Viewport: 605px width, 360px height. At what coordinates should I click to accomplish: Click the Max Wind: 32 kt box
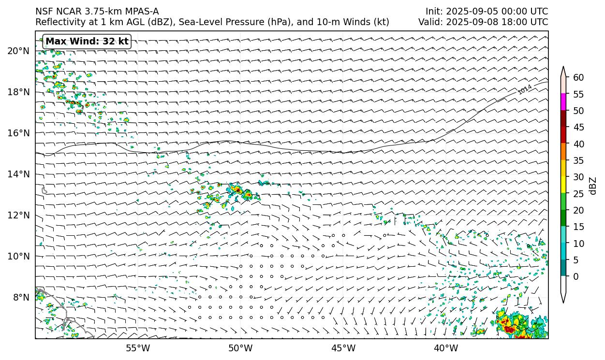pyautogui.click(x=87, y=42)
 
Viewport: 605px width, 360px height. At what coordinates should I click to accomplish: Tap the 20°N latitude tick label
pyautogui.click(x=18, y=51)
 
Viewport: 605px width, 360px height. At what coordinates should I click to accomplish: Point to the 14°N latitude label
pyautogui.click(x=18, y=174)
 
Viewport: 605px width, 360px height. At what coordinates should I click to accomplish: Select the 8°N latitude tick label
pyautogui.click(x=21, y=297)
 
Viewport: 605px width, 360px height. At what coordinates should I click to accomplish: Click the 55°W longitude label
pyautogui.click(x=138, y=348)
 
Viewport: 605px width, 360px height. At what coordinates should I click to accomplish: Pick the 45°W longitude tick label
pyautogui.click(x=343, y=348)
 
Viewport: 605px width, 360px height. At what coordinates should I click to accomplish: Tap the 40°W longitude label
pyautogui.click(x=446, y=348)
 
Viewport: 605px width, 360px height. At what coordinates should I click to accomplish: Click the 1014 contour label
pyautogui.click(x=525, y=89)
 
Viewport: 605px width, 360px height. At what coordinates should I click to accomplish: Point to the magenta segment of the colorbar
pyautogui.click(x=563, y=102)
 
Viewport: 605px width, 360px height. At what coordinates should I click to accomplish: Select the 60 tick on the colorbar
pyautogui.click(x=578, y=77)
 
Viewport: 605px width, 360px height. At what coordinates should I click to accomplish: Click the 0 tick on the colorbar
pyautogui.click(x=575, y=276)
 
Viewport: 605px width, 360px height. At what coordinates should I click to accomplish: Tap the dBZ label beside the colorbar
pyautogui.click(x=593, y=186)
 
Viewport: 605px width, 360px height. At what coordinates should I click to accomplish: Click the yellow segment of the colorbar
pyautogui.click(x=563, y=185)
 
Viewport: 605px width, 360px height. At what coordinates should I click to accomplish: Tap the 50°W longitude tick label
pyautogui.click(x=240, y=348)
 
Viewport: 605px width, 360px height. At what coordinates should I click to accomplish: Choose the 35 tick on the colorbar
pyautogui.click(x=578, y=160)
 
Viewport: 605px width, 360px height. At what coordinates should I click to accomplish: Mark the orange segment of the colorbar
pyautogui.click(x=563, y=152)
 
